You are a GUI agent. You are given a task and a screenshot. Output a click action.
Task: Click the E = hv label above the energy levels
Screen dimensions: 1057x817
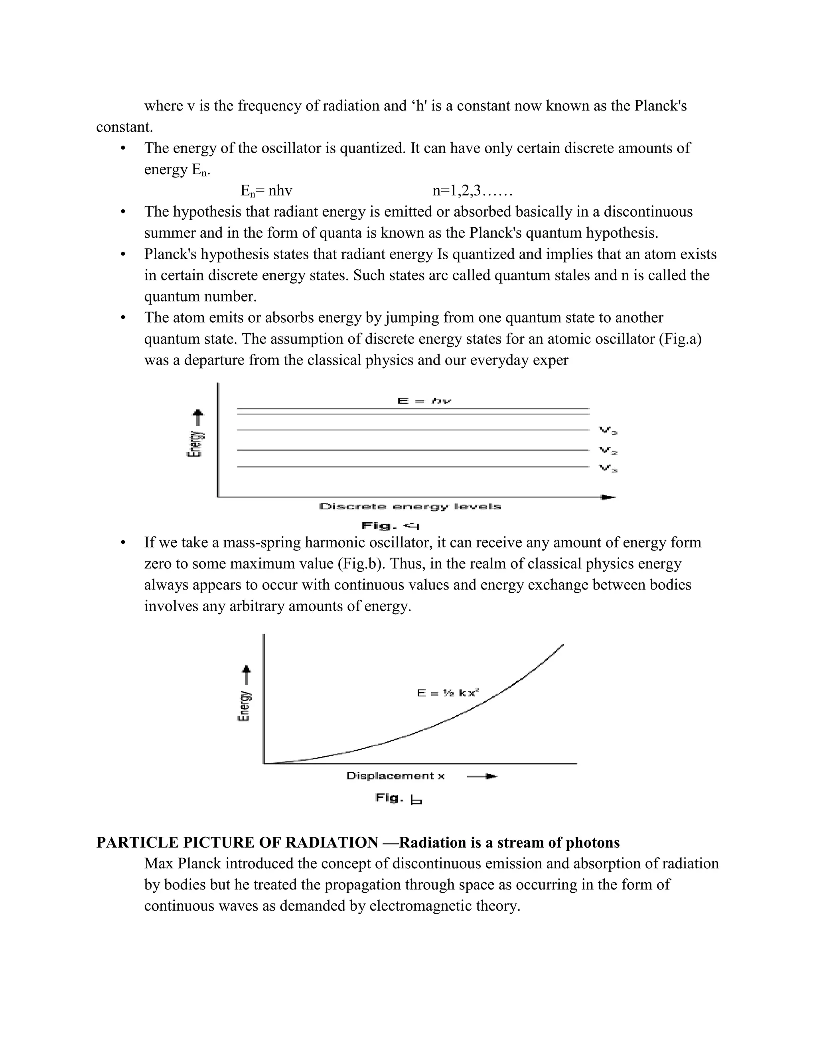pyautogui.click(x=424, y=401)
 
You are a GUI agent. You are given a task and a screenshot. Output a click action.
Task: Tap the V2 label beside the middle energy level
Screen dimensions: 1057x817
pyautogui.click(x=608, y=451)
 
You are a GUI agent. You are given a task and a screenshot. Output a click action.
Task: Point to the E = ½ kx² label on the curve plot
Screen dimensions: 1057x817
pyautogui.click(x=448, y=693)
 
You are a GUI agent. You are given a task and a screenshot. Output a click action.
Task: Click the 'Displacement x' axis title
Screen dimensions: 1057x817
pyautogui.click(x=395, y=776)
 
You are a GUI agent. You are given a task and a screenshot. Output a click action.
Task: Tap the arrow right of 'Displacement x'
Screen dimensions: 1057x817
pyautogui.click(x=482, y=776)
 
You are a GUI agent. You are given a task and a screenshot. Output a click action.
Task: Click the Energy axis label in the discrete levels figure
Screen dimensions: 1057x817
pyautogui.click(x=195, y=443)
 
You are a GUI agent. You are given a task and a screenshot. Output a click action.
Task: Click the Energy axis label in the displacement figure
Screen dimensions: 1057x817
pyautogui.click(x=245, y=705)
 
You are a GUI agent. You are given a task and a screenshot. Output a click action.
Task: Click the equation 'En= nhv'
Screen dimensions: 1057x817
pyautogui.click(x=266, y=191)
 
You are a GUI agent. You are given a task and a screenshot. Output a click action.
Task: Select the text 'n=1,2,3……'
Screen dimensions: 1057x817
pyautogui.click(x=472, y=191)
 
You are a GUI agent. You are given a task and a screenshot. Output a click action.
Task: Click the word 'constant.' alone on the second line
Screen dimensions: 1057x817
pyautogui.click(x=124, y=127)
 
